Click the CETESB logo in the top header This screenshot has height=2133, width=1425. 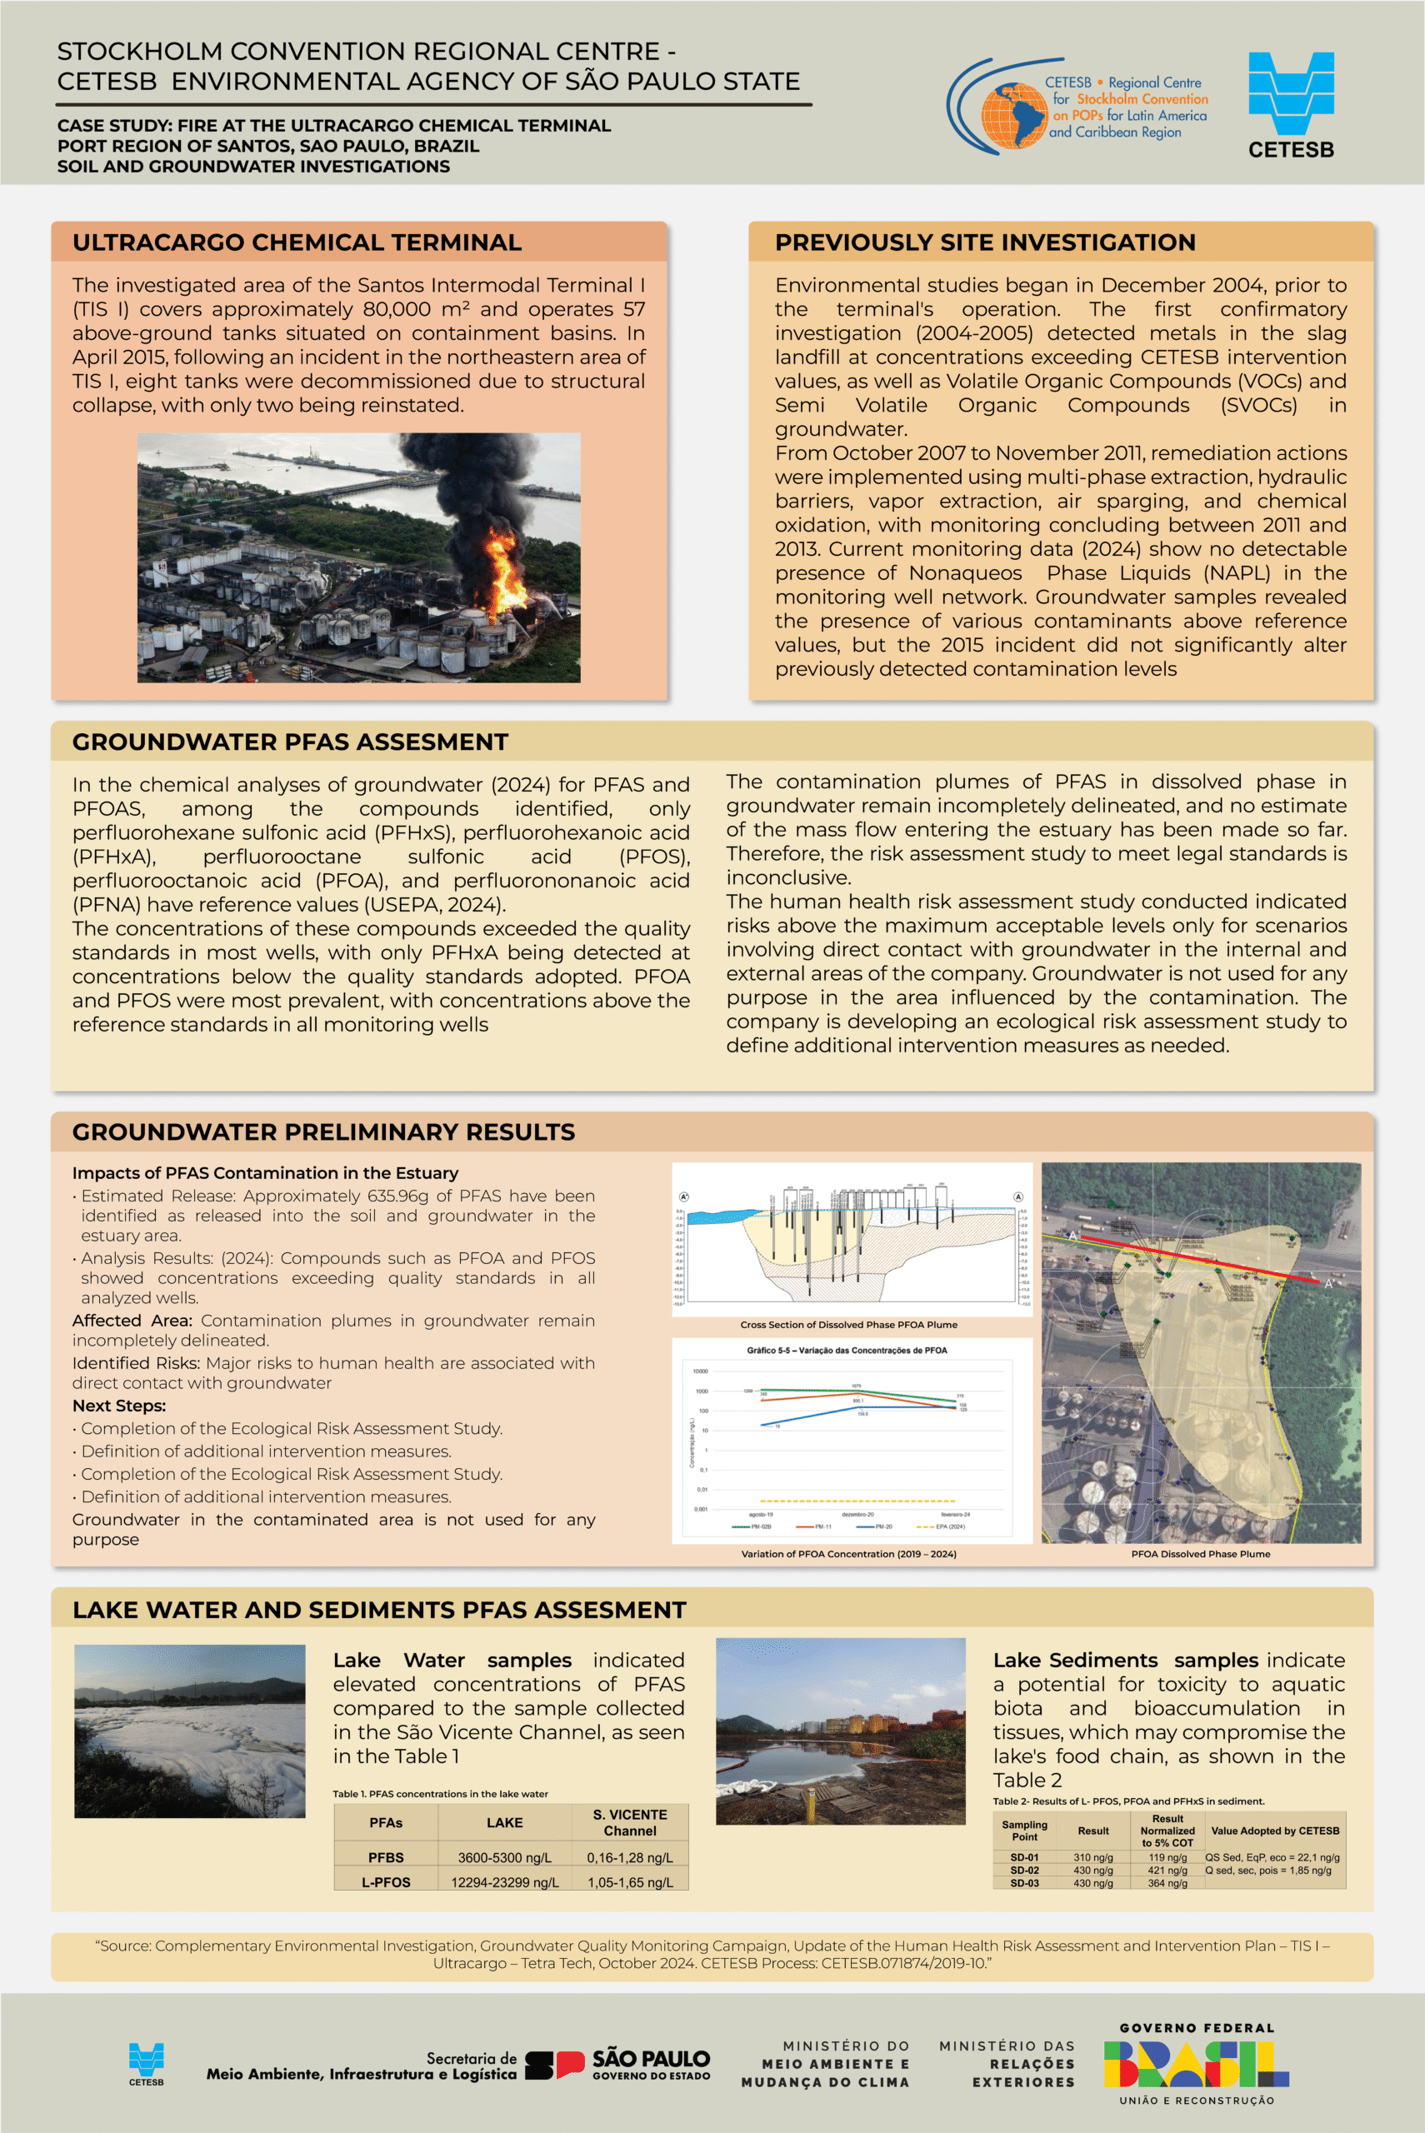tap(1291, 104)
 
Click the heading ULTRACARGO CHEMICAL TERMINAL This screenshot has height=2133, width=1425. tap(297, 242)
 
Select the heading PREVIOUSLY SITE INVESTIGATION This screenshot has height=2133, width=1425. tap(984, 242)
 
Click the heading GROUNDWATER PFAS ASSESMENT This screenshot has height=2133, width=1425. tap(290, 742)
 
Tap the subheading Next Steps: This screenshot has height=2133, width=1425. tap(119, 1406)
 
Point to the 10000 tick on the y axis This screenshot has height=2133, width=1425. tap(700, 1371)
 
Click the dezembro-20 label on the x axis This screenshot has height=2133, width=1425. tap(857, 1515)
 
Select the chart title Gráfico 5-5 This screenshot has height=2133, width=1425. tap(846, 1350)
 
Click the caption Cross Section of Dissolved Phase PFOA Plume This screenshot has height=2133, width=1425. tap(847, 1325)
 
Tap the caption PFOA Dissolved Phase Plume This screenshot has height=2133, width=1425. tap(1200, 1553)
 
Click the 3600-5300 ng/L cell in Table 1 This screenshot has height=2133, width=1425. tap(504, 1858)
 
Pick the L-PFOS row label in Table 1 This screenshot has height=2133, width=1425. tap(385, 1882)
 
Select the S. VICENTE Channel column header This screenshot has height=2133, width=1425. tap(630, 1822)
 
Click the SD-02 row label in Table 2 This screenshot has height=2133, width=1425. tap(1024, 1871)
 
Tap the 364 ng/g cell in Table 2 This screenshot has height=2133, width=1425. tap(1167, 1883)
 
